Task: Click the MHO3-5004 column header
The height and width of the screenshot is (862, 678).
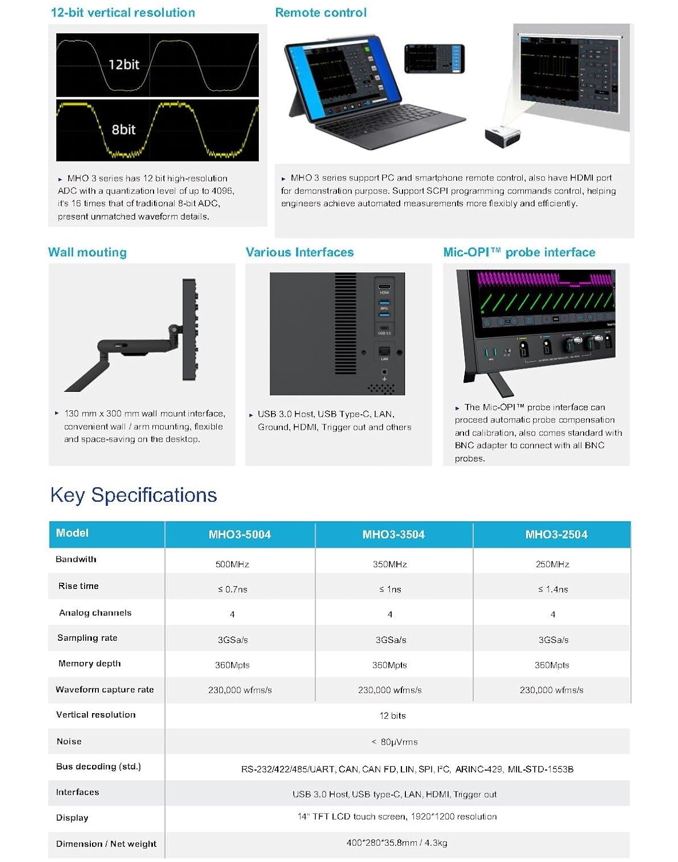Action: (239, 534)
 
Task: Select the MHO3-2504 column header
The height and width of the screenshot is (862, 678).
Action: (556, 534)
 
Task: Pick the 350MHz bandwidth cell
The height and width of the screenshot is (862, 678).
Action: (389, 564)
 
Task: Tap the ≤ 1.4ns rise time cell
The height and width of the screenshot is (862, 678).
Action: (553, 589)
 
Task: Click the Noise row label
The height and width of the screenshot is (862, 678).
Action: (69, 741)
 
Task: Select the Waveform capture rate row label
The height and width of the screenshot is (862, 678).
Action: (105, 690)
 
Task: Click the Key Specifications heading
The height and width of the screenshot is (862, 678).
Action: (133, 495)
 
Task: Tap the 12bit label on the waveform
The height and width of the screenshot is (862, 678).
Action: (124, 64)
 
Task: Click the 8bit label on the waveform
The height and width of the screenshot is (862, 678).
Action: (124, 129)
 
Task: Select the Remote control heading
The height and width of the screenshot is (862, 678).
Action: (320, 13)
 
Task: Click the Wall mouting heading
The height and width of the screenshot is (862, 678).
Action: (87, 252)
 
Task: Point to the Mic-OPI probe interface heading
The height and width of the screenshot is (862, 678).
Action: (519, 252)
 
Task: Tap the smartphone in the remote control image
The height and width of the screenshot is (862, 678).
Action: (434, 59)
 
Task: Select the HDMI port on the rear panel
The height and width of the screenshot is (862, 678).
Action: (384, 286)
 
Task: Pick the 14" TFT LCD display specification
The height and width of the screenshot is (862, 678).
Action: (397, 817)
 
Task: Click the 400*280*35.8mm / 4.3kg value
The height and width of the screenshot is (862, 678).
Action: (397, 843)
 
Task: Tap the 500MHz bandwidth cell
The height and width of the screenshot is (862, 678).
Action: (232, 564)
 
